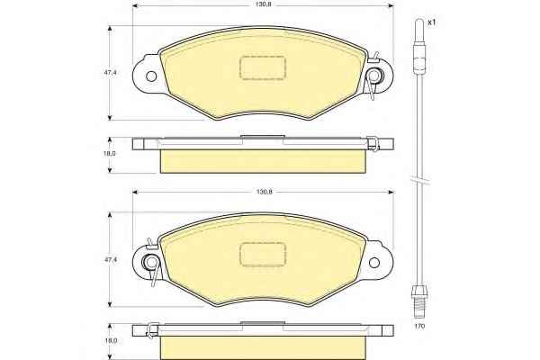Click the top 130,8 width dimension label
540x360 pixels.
(x=264, y=5)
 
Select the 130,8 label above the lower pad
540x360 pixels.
(x=264, y=193)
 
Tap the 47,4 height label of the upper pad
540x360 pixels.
(x=112, y=73)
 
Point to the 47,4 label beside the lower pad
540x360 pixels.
(x=112, y=260)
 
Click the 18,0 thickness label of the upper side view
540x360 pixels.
(x=110, y=154)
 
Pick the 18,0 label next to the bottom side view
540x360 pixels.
(x=110, y=341)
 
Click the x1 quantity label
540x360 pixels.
(x=431, y=22)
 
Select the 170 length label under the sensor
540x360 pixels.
(x=420, y=326)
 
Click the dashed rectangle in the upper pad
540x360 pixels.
(x=262, y=67)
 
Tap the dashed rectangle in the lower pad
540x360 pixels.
(x=263, y=254)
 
